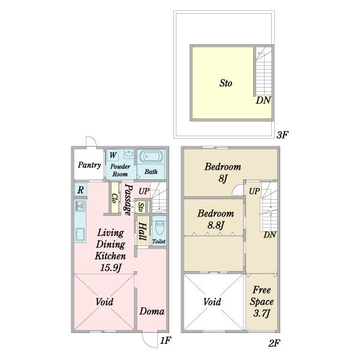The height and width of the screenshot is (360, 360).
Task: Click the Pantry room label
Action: (x=89, y=165)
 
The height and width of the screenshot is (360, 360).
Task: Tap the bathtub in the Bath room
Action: (x=151, y=157)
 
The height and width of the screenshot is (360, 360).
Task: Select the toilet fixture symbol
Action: (x=160, y=228)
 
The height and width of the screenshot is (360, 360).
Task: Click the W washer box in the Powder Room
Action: (x=113, y=155)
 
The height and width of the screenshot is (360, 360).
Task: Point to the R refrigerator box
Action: (x=80, y=190)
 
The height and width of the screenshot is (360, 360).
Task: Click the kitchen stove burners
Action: (x=80, y=206)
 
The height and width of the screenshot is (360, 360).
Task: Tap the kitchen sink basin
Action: (x=80, y=235)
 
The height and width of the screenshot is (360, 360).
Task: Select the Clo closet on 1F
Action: (x=115, y=198)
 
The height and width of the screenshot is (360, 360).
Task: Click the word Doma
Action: (x=152, y=311)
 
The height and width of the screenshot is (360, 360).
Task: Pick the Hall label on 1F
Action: (x=142, y=232)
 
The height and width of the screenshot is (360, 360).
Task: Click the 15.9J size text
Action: (x=110, y=268)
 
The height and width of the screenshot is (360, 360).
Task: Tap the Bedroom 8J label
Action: (x=223, y=172)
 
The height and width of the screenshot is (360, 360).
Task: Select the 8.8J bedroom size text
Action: (x=215, y=225)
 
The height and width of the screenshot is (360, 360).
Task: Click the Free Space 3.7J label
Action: (x=262, y=301)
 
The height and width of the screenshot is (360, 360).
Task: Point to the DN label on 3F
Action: (x=263, y=100)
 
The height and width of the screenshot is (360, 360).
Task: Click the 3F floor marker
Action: (x=282, y=135)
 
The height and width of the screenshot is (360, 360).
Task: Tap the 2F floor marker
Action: (x=274, y=343)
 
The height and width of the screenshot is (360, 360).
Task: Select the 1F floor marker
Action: (x=166, y=340)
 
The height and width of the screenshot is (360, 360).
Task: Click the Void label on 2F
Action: (x=212, y=302)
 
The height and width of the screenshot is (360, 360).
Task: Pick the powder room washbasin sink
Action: (x=129, y=154)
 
